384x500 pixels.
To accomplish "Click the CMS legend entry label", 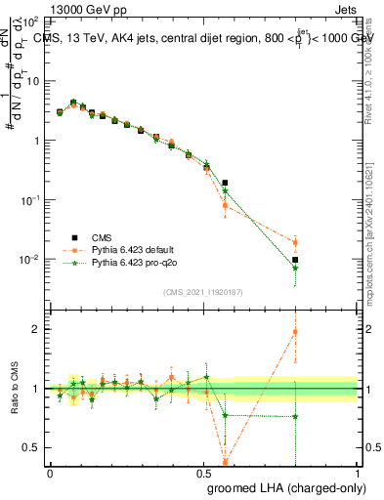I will [102, 236].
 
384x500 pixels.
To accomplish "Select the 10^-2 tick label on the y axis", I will [31, 260].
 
